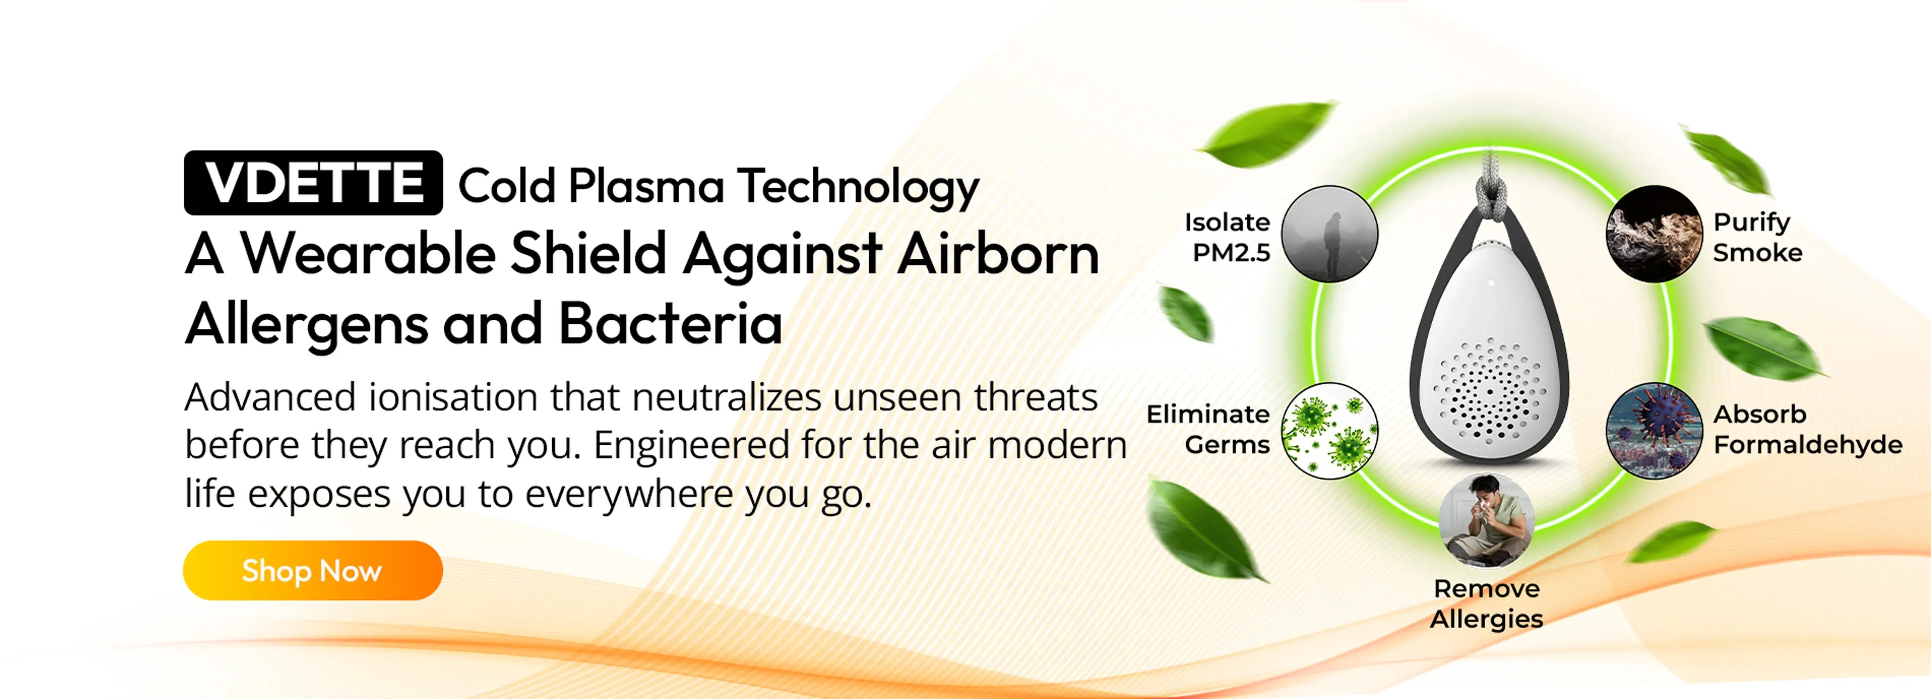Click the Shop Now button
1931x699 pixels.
(313, 570)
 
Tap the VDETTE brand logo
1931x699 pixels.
(313, 183)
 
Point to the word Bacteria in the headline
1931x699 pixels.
(670, 323)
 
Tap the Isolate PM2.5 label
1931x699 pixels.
(1227, 237)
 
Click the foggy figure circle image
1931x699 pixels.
(1329, 234)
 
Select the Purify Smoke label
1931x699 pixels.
(1757, 237)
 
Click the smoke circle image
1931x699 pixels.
(1654, 234)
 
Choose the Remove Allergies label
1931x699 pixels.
(1487, 604)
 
